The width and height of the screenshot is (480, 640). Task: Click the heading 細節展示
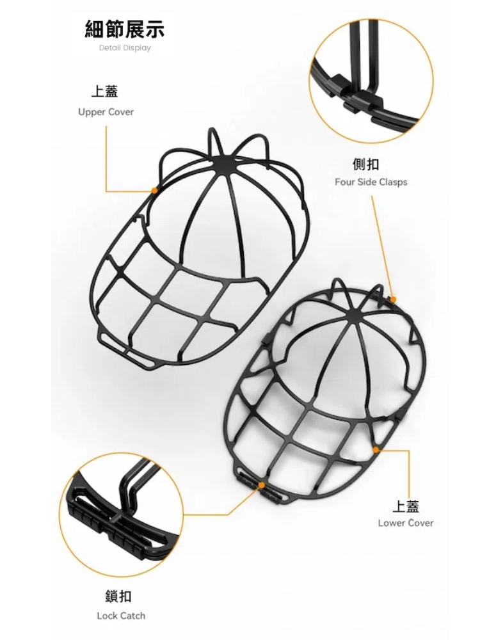click(x=125, y=29)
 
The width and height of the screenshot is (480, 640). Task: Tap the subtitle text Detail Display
click(x=125, y=48)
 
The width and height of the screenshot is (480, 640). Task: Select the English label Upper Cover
click(x=106, y=112)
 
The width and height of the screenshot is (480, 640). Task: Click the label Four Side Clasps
click(x=371, y=182)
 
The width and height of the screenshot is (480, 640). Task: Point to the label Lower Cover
click(x=406, y=523)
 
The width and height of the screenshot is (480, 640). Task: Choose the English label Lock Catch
click(x=121, y=616)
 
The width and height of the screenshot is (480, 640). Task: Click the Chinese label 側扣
click(x=365, y=164)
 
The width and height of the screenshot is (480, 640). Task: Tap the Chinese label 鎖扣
click(x=118, y=596)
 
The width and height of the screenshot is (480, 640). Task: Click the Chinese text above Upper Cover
click(x=104, y=91)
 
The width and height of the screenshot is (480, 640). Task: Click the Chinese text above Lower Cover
click(x=406, y=506)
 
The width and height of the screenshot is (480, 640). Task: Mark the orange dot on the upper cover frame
click(x=154, y=190)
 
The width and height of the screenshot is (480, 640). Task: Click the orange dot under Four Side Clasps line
click(x=393, y=300)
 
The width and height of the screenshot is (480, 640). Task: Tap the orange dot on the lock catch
click(x=261, y=485)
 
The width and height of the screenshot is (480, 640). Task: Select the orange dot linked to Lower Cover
click(x=376, y=449)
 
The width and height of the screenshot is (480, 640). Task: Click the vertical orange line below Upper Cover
click(x=106, y=158)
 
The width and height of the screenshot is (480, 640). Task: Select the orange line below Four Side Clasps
click(x=382, y=246)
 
